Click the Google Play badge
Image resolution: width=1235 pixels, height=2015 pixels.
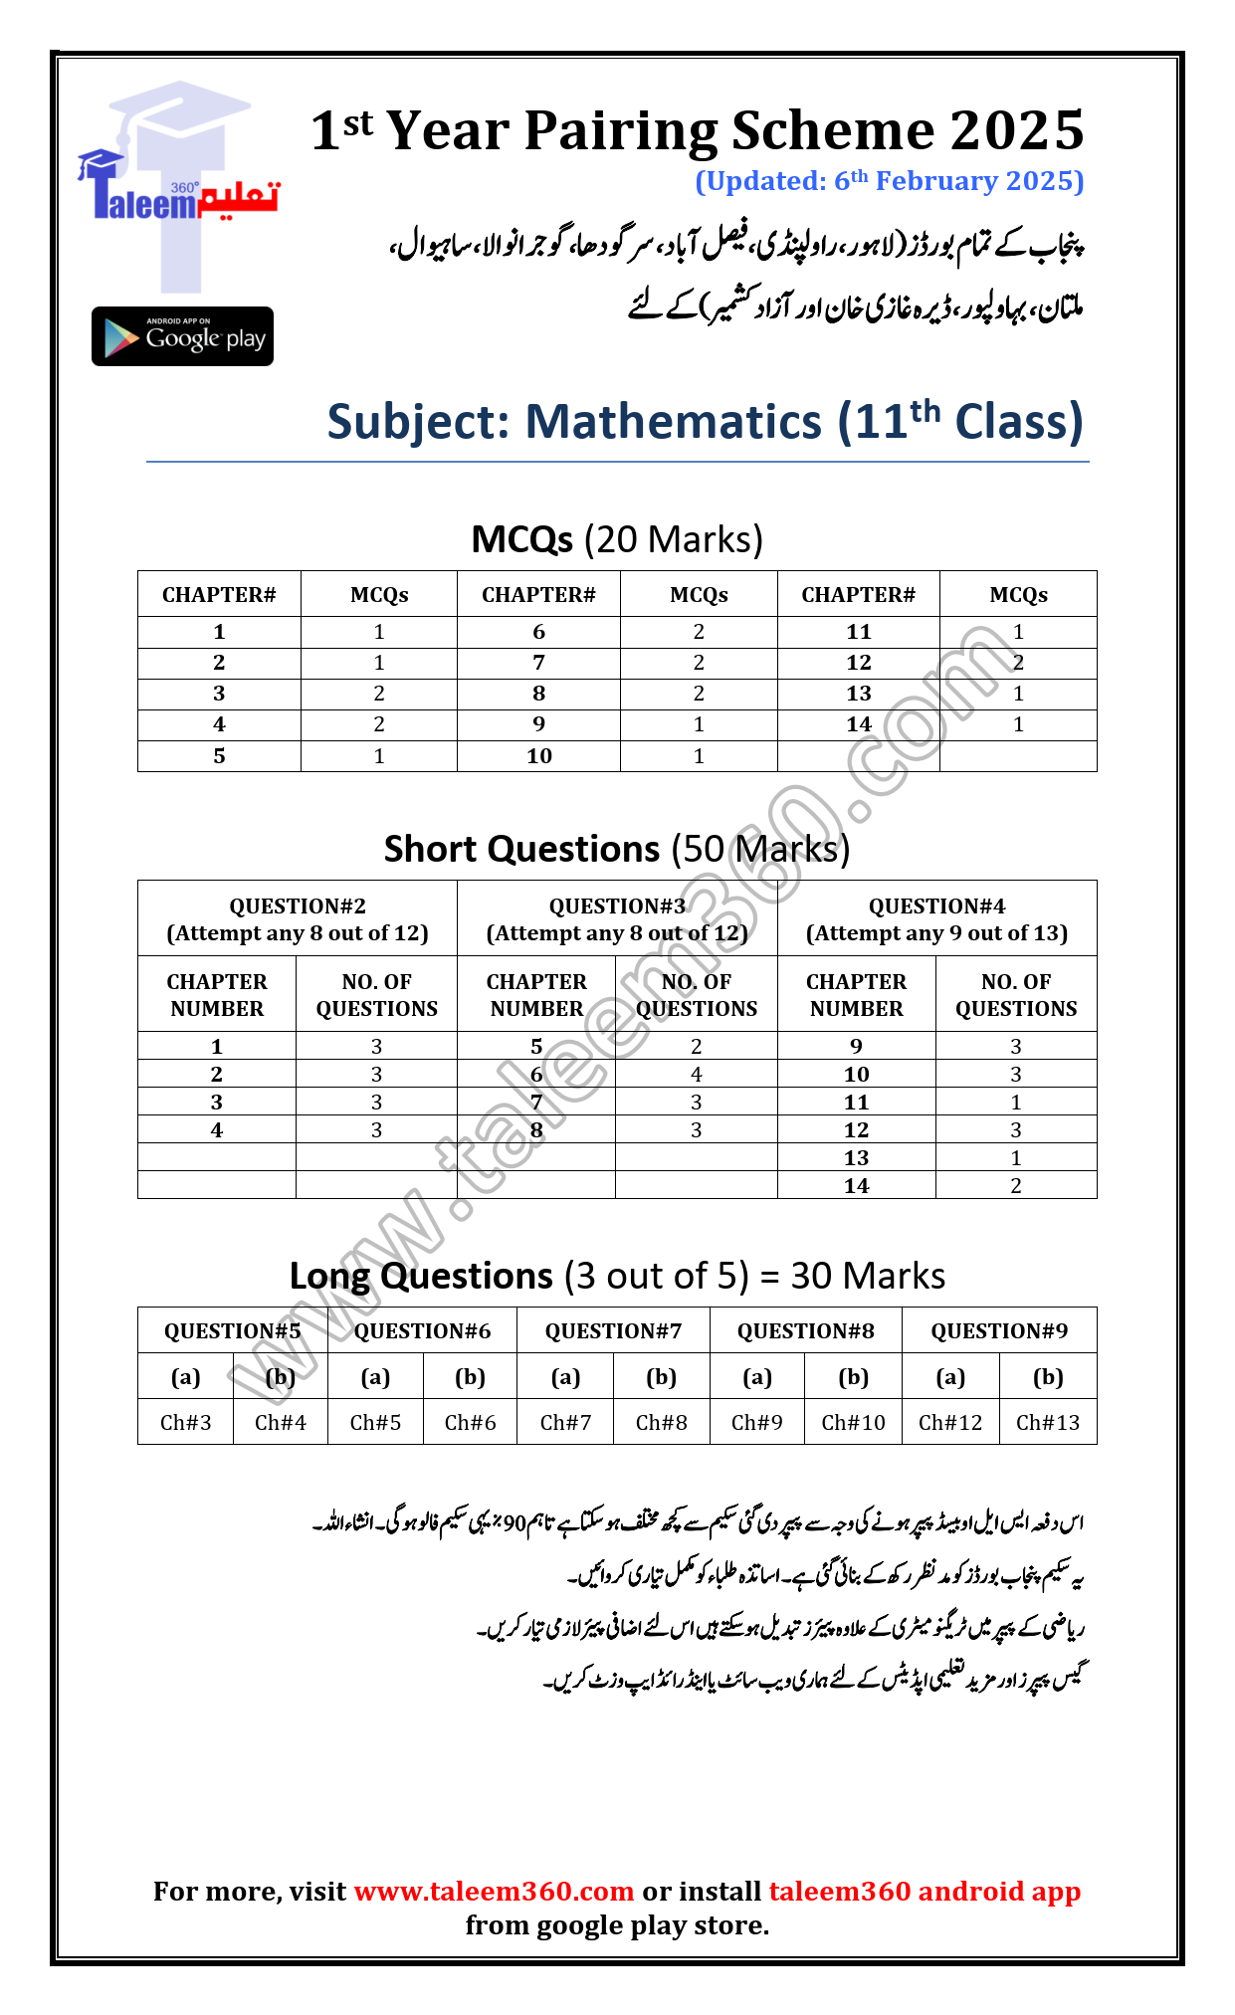[x=182, y=336]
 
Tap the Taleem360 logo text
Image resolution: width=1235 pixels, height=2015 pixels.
[x=180, y=200]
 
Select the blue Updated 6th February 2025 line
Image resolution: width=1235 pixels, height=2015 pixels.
[x=889, y=181]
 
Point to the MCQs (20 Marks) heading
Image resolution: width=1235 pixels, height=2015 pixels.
[x=617, y=539]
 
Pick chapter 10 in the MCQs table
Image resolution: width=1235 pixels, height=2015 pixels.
[x=538, y=756]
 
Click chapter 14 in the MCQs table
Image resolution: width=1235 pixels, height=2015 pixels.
[x=858, y=724]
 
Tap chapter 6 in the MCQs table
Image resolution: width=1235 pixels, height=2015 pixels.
[x=538, y=632]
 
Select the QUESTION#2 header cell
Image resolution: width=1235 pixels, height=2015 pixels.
[x=298, y=918]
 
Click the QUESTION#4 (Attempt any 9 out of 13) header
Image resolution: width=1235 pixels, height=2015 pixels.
[x=936, y=918]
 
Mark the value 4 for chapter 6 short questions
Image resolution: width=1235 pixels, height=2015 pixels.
[x=696, y=1075]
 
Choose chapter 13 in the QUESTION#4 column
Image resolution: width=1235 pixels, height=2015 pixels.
[x=856, y=1158]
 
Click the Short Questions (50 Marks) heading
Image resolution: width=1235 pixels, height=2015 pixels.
[x=617, y=849]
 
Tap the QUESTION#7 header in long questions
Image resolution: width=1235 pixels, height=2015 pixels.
[x=613, y=1331]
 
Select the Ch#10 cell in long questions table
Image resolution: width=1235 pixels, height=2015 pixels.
[x=853, y=1423]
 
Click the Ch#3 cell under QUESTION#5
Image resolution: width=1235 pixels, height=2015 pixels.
[x=186, y=1423]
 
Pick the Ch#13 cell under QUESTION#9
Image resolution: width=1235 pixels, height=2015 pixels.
[x=1047, y=1423]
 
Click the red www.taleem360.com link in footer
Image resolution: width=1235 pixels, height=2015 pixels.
[x=494, y=1891]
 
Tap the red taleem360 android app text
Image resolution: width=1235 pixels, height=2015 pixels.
[x=925, y=1891]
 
